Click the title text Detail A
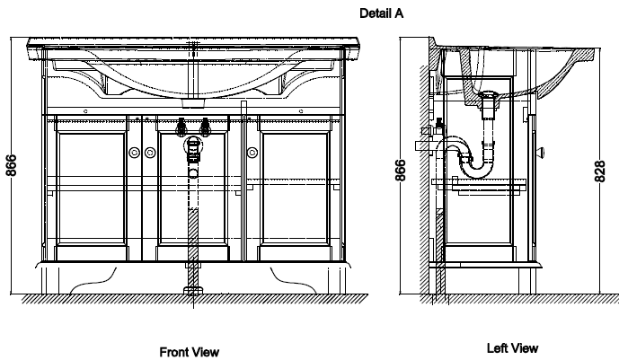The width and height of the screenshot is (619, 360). pyautogui.click(x=381, y=13)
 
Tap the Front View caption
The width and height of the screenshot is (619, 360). pyautogui.click(x=189, y=352)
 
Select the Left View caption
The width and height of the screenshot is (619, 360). pyautogui.click(x=512, y=348)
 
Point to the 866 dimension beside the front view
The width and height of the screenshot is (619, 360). pyautogui.click(x=12, y=165)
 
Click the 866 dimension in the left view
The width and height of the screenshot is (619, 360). pyautogui.click(x=401, y=170)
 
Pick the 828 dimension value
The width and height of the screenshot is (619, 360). pyautogui.click(x=599, y=171)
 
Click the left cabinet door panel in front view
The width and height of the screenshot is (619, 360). pyautogui.click(x=92, y=189)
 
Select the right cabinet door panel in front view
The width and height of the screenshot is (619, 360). pyautogui.click(x=295, y=189)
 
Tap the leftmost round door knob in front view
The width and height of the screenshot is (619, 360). pyautogui.click(x=134, y=153)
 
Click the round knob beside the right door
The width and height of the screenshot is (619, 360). pyautogui.click(x=252, y=153)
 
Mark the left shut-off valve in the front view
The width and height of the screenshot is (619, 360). pyautogui.click(x=181, y=127)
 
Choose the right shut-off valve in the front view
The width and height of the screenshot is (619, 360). pyautogui.click(x=205, y=127)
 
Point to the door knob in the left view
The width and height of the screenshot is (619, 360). pyautogui.click(x=541, y=153)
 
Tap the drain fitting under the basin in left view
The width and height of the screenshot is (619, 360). pyautogui.click(x=489, y=104)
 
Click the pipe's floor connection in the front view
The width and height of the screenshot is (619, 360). pyautogui.click(x=193, y=291)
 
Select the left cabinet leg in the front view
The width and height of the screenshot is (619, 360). pyautogui.click(x=50, y=281)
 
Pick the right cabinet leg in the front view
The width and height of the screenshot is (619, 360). pyautogui.click(x=336, y=281)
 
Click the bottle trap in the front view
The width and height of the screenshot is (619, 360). pyautogui.click(x=193, y=150)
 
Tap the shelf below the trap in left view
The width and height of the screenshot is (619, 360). pyautogui.click(x=479, y=182)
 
